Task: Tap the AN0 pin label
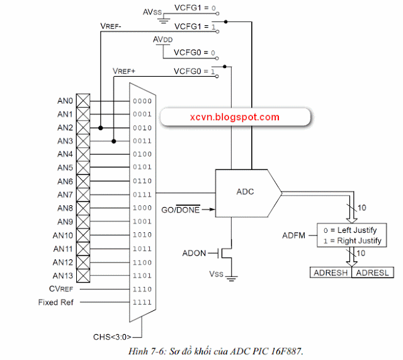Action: [65, 101]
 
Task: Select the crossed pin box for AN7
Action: [83, 194]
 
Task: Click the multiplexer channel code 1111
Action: [142, 302]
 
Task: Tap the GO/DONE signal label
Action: [181, 210]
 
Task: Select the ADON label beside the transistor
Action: [195, 253]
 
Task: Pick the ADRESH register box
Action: [332, 273]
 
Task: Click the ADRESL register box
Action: [375, 273]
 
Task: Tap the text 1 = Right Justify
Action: [351, 240]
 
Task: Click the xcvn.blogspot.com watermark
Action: [234, 117]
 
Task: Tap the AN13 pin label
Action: [63, 276]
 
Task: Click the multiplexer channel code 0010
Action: [142, 127]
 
